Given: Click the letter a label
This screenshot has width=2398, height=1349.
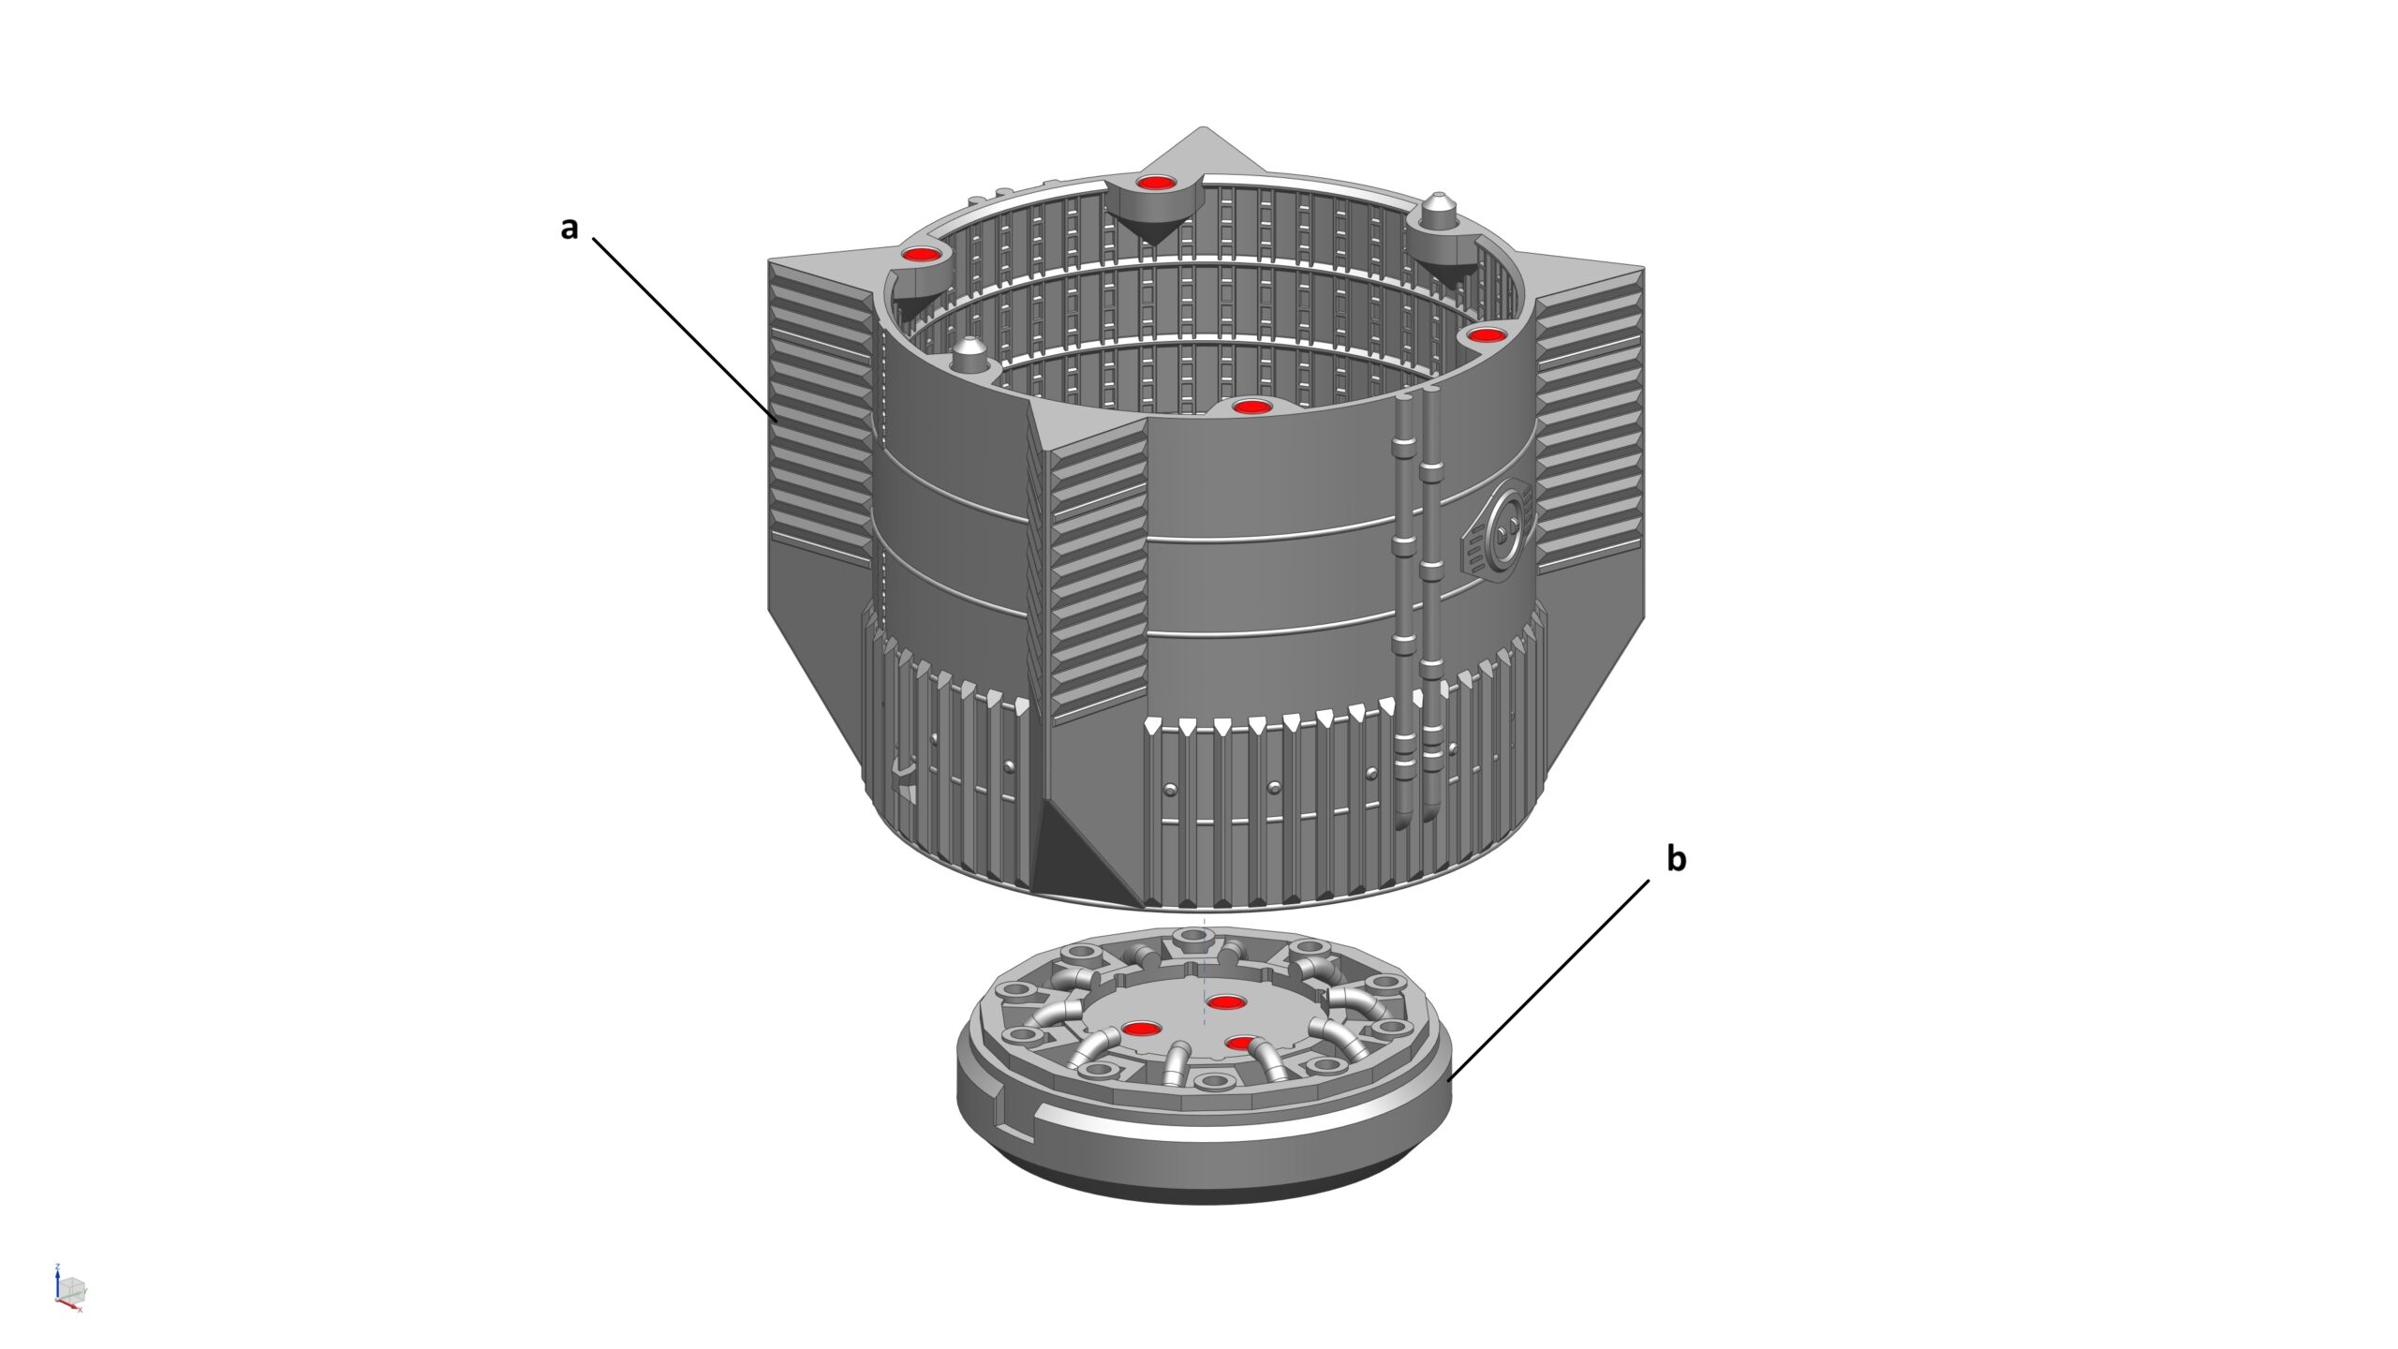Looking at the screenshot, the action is pos(570,229).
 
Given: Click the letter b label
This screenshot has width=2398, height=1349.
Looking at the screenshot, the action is pos(1676,858).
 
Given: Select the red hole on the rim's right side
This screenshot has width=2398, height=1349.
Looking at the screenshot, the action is pos(1486,334).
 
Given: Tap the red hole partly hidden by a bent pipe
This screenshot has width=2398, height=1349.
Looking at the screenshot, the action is pos(1240,1042).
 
